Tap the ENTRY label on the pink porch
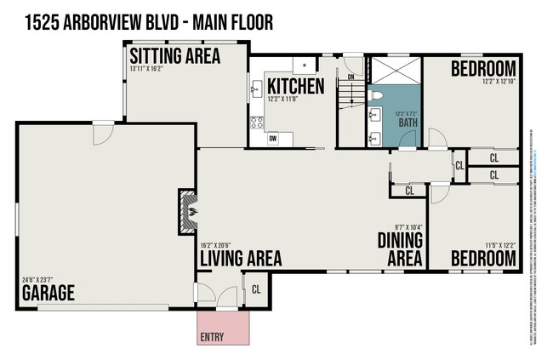pos(212,336)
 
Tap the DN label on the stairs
pos(350,77)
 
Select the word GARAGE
pos(48,294)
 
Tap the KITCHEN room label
pos(295,86)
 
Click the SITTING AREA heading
pos(174,57)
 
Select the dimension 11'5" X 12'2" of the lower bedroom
pos(497,244)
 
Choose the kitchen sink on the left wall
pos(255,88)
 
